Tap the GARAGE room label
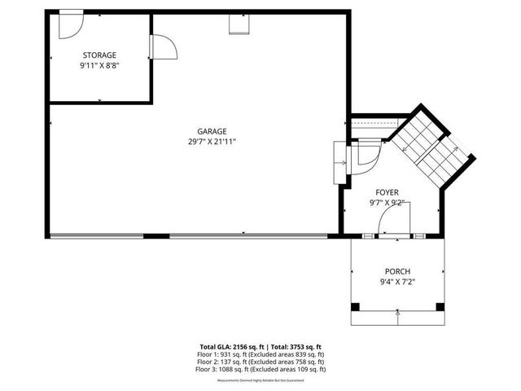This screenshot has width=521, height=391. click(212, 131)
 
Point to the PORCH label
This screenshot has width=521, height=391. click(398, 272)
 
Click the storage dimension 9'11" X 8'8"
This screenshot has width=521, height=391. click(99, 65)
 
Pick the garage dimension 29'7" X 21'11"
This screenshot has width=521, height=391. click(212, 142)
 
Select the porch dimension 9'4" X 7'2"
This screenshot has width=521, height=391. click(398, 283)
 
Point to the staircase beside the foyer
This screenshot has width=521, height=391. click(430, 144)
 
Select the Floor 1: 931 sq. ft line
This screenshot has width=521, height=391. click(260, 354)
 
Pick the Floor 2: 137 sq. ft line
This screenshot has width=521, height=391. click(260, 362)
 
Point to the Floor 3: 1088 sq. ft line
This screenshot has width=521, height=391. click(260, 369)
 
